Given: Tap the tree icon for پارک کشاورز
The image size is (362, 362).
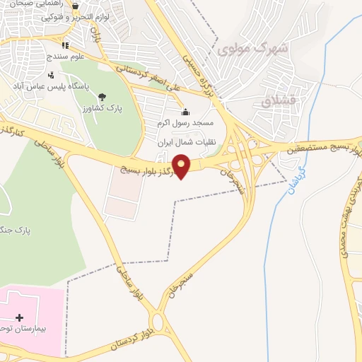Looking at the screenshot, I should pyautogui.click(x=103, y=96).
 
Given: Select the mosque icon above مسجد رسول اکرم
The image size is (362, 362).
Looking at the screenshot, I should pyautogui.click(x=186, y=111).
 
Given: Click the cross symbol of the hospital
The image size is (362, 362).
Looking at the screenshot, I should pyautogui.click(x=19, y=318).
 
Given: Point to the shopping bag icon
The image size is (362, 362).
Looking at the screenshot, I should pyautogui.click(x=75, y=6).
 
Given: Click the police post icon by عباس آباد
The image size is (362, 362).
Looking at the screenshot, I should pyautogui.click(x=50, y=75).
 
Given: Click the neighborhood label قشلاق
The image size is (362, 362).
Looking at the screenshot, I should pyautogui.click(x=276, y=101).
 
